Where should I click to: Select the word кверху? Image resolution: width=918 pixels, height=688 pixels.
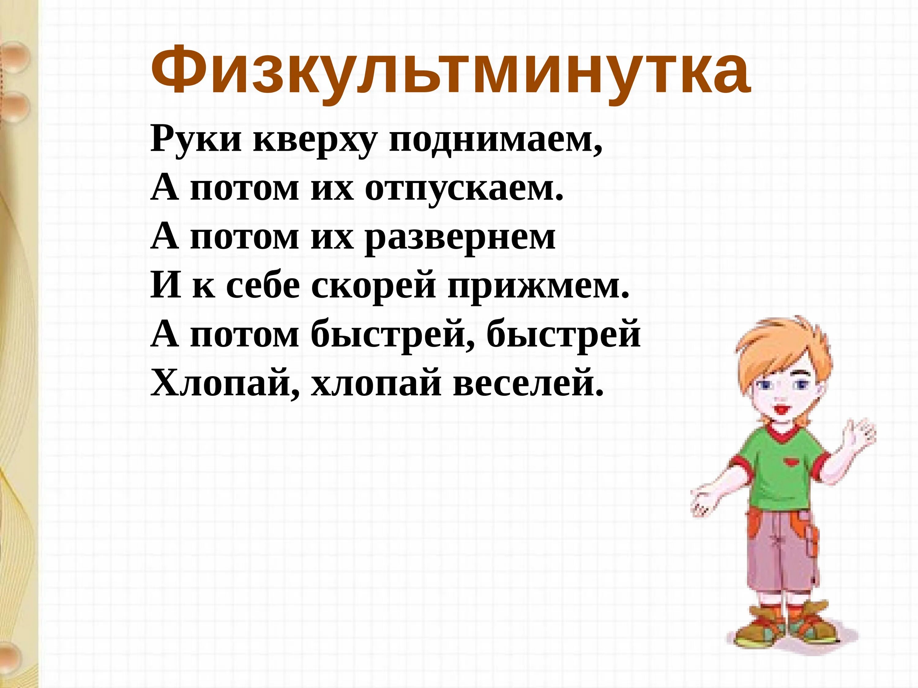click(x=315, y=141)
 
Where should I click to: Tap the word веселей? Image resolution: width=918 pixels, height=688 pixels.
click(x=527, y=384)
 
